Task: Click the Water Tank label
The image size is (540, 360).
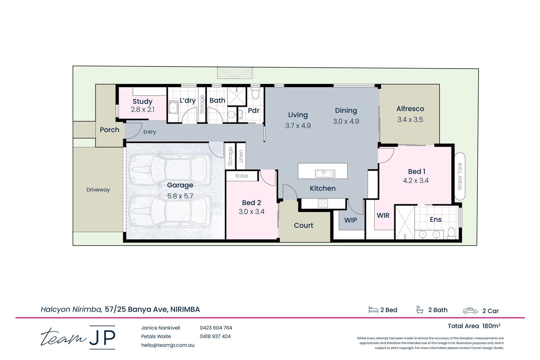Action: [x=460, y=176]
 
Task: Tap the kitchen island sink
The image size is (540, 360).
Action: [x=325, y=174]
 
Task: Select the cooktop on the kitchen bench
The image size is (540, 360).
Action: [x=323, y=203]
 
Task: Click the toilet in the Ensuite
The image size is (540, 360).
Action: [x=452, y=233]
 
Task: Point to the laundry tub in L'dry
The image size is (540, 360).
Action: [x=173, y=108]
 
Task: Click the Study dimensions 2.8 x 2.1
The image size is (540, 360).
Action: [x=143, y=109]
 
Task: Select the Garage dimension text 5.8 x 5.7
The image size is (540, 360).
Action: [x=180, y=196]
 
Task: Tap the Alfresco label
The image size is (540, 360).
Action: [x=410, y=109]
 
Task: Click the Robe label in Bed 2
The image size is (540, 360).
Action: [x=241, y=176]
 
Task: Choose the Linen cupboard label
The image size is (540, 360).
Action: [x=241, y=156]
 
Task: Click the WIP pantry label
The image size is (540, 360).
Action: [x=350, y=220]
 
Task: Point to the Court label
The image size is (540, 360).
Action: [x=303, y=225]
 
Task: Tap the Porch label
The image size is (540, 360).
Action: [x=109, y=130]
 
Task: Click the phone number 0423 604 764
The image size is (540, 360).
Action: [x=216, y=328]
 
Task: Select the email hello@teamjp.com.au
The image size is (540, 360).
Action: [x=168, y=345]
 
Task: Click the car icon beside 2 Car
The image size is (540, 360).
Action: [x=470, y=310]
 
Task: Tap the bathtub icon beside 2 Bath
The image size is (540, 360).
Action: [x=420, y=310]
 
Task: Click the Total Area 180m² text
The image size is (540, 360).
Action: [x=474, y=326]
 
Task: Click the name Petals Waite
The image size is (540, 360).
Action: [x=156, y=336]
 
